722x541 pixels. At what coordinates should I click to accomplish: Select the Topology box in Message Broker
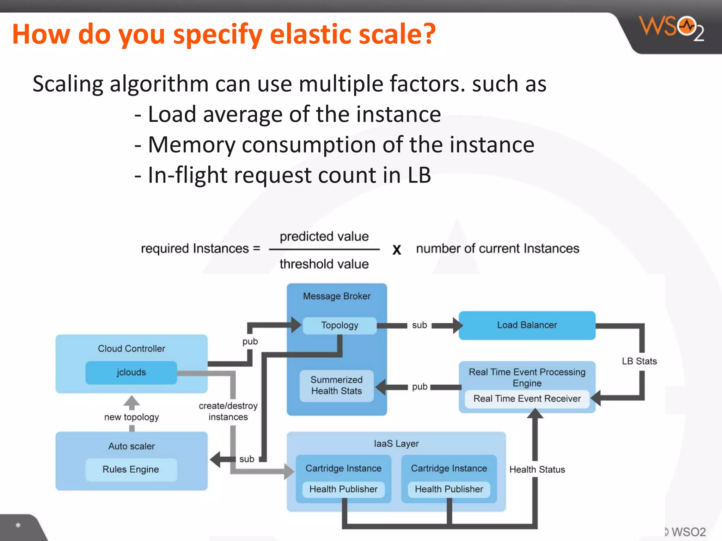[339, 325]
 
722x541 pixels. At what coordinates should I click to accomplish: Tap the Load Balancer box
[527, 325]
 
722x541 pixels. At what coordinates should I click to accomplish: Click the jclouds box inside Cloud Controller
[131, 372]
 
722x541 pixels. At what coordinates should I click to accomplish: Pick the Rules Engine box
[131, 470]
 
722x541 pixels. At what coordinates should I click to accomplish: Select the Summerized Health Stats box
[336, 385]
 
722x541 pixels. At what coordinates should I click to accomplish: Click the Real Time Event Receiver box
[527, 399]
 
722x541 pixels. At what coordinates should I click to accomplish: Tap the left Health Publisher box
[343, 489]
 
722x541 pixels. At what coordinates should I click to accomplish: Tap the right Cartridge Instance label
[449, 468]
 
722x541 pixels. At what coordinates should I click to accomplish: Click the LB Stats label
[639, 361]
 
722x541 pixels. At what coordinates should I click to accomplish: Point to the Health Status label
[537, 470]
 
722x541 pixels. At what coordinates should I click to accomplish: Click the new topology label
[131, 417]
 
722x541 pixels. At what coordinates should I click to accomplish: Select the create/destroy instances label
[228, 411]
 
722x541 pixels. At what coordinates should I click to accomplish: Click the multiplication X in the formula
[397, 250]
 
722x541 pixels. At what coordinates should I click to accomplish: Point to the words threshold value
[324, 264]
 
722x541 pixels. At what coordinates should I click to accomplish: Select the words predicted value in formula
[324, 236]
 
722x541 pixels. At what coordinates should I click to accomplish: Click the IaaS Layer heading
[396, 444]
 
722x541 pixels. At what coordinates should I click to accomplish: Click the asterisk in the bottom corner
[18, 526]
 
